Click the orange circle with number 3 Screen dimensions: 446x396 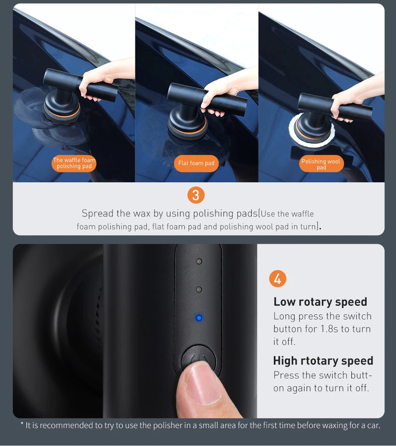pos(196,195)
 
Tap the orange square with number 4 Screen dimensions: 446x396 pos(278,279)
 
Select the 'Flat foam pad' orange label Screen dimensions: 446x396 pos(196,164)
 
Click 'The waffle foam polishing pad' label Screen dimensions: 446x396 pos(74,164)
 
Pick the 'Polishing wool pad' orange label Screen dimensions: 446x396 pos(321,164)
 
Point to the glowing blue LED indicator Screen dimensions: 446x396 pos(198,318)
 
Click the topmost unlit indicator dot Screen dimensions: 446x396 pos(198,261)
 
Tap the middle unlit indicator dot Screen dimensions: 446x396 pos(198,290)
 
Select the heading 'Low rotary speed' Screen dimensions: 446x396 pos(320,302)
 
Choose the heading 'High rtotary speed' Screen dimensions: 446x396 pos(323,360)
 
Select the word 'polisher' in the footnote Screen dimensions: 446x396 pos(162,425)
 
